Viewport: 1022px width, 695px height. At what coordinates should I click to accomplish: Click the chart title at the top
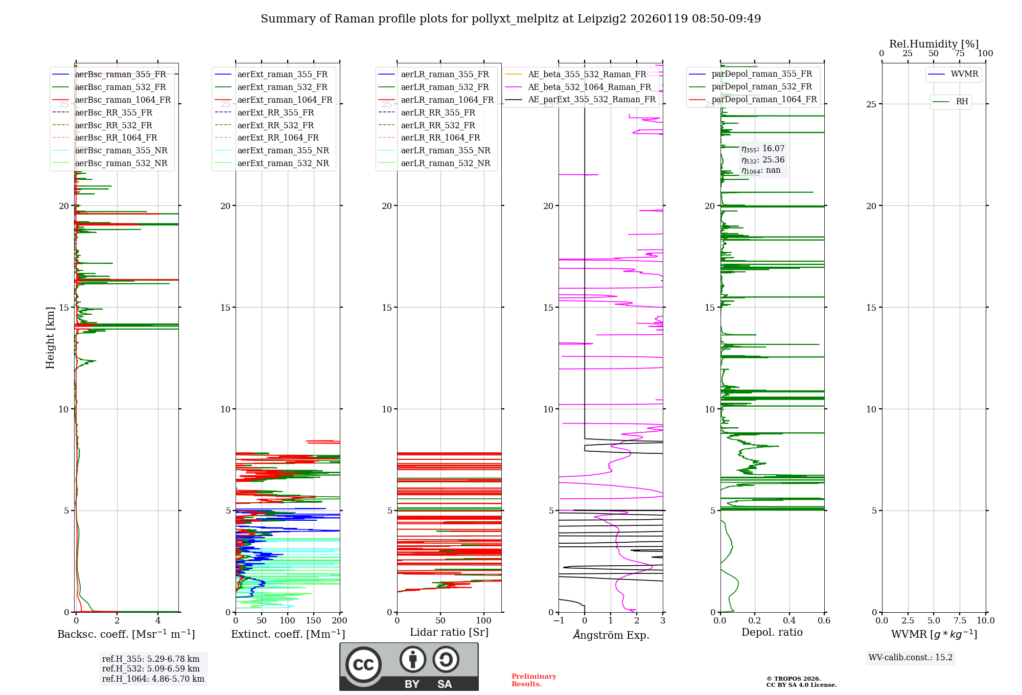point(510,19)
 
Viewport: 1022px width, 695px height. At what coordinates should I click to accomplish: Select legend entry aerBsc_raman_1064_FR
point(123,100)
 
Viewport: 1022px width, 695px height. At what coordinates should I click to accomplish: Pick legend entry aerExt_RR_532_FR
point(275,125)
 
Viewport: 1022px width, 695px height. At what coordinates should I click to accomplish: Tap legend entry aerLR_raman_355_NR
point(445,150)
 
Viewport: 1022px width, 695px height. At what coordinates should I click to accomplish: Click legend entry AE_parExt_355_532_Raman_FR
point(591,99)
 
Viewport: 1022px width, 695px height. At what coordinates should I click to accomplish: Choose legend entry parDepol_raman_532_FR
point(761,87)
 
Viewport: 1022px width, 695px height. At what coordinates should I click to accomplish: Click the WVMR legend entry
point(964,74)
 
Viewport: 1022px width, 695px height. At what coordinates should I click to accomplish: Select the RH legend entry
point(962,102)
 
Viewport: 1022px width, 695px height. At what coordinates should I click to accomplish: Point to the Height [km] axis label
point(50,338)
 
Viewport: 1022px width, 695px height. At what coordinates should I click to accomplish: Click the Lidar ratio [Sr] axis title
point(449,632)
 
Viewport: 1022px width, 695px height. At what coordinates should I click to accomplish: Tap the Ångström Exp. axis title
point(611,635)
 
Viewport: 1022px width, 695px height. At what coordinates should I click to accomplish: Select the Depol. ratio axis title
point(772,632)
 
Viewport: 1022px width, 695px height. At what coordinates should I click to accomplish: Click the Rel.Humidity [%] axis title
point(934,44)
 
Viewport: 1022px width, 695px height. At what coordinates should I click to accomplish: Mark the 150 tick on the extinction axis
point(313,620)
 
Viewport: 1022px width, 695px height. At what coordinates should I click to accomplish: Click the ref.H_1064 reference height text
point(153,679)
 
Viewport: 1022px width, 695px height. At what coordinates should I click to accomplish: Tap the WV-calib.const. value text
point(910,657)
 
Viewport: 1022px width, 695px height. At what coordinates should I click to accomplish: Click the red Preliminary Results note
point(533,680)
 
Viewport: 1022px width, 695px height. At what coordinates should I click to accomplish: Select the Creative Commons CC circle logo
point(363,664)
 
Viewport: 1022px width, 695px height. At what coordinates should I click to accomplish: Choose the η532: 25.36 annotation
point(763,160)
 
